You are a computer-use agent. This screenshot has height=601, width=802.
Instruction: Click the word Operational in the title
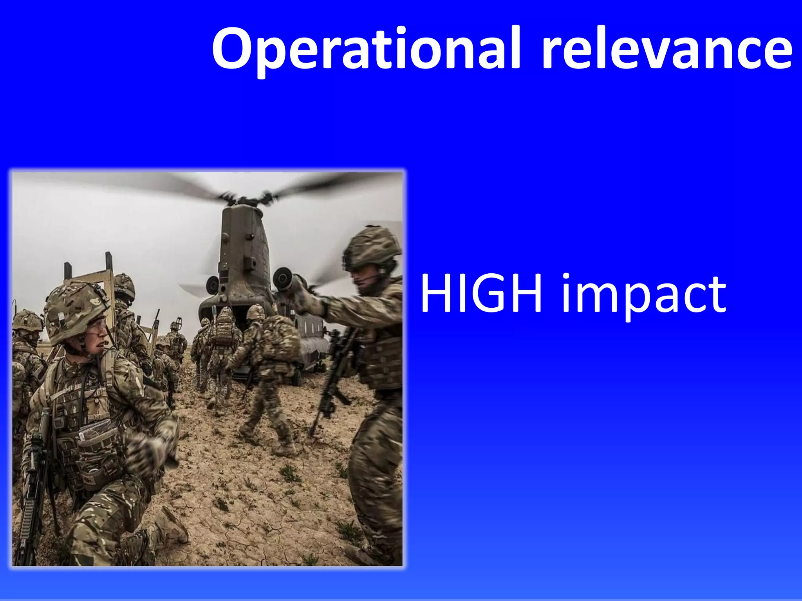(x=366, y=49)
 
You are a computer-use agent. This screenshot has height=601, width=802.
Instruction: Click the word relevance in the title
(x=666, y=49)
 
